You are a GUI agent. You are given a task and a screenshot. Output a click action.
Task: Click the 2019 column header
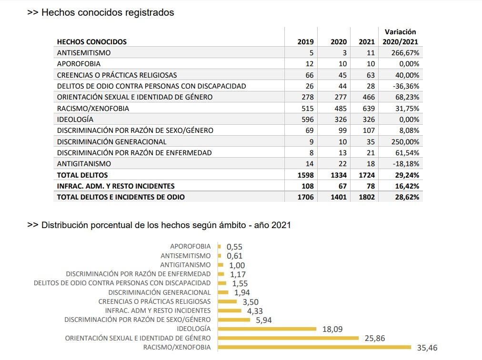(x=305, y=42)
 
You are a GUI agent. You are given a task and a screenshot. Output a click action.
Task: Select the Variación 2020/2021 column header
(x=400, y=37)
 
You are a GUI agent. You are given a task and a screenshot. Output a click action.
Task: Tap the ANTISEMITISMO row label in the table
(x=84, y=53)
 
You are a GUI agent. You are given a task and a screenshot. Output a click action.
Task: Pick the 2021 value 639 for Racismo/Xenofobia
(x=368, y=109)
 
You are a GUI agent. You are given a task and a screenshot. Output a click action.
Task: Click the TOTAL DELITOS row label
(x=82, y=175)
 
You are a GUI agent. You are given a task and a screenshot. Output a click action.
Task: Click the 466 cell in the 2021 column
(x=368, y=97)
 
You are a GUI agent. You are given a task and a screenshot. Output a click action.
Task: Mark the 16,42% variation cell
(x=405, y=186)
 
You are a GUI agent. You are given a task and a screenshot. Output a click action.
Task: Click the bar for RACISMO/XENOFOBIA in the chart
(x=314, y=347)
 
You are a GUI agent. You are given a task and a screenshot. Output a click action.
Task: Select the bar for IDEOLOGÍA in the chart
(x=267, y=329)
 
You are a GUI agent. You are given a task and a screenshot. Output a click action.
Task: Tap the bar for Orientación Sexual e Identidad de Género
(x=288, y=338)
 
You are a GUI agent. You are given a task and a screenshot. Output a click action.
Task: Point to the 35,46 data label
(x=427, y=348)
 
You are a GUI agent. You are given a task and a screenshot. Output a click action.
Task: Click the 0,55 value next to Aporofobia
(x=234, y=247)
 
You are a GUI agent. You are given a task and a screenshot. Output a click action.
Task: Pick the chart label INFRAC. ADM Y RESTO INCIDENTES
(x=158, y=310)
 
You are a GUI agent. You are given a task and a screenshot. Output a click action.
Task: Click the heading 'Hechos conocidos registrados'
(x=108, y=13)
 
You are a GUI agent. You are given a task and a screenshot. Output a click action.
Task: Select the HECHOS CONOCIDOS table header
(x=92, y=42)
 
